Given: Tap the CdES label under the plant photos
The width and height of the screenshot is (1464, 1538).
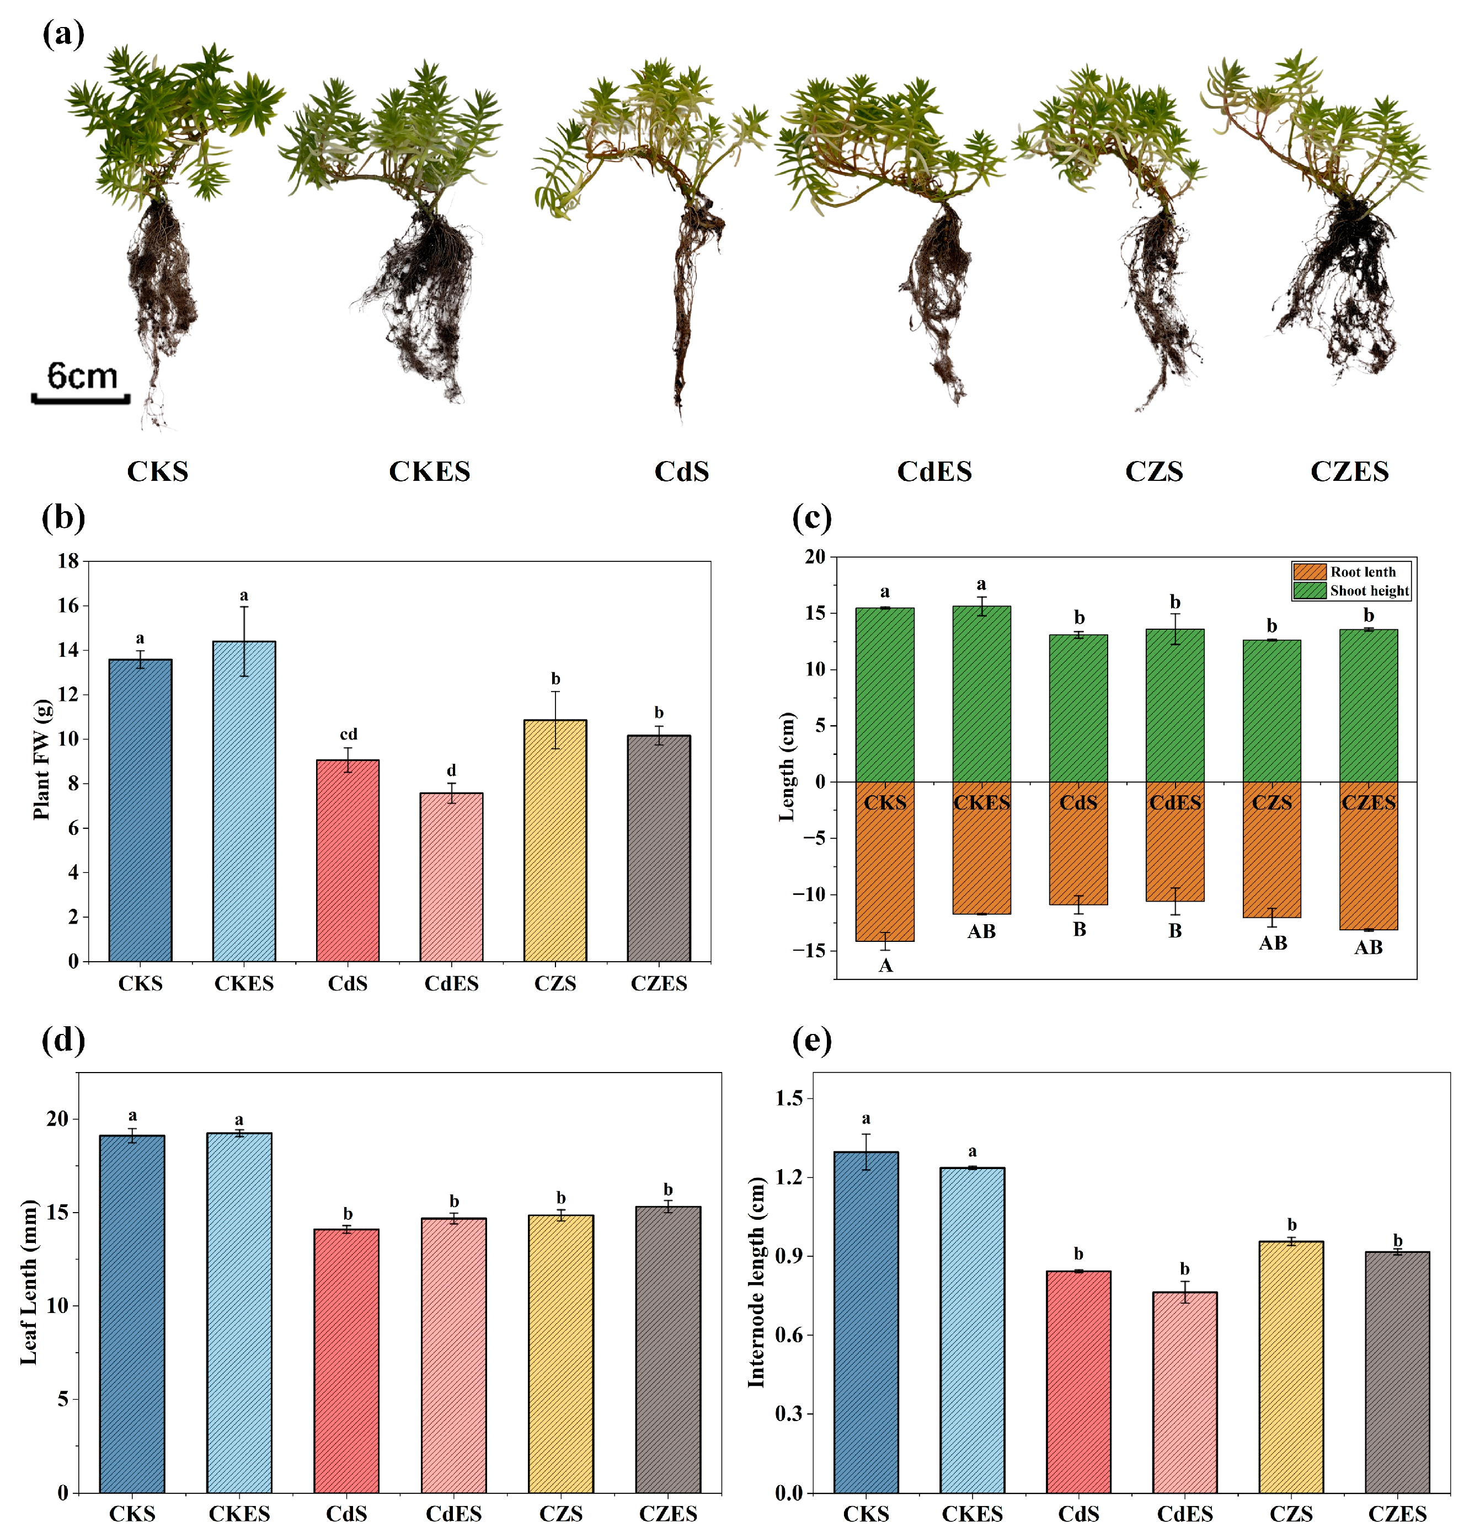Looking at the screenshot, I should coord(934,471).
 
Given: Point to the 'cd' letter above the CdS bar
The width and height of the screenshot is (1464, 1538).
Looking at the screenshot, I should coord(348,735).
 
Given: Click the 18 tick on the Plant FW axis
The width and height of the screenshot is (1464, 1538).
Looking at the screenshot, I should coord(68,561).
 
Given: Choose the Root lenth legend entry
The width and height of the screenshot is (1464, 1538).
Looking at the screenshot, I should coord(1362,572).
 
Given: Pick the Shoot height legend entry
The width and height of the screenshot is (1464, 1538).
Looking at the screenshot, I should coord(1368,591).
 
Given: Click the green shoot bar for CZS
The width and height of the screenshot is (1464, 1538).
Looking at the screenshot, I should coord(1271,710).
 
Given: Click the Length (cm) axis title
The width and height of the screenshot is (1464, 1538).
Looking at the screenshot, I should coord(787,767).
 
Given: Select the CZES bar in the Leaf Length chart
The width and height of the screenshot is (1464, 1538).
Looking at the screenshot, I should coord(667,1349).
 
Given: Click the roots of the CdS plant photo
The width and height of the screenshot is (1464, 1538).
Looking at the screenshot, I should coord(687,297).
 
